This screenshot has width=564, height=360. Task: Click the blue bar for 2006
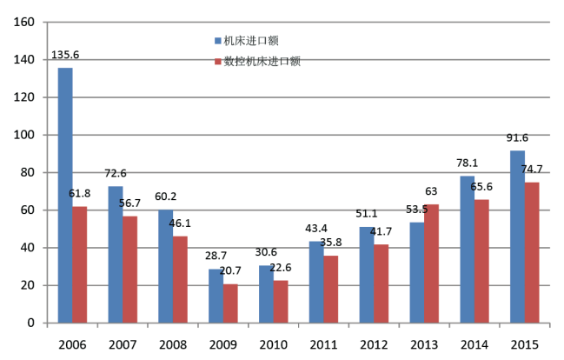65,195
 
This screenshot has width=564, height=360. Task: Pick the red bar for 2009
230,303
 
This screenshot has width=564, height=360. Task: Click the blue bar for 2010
266,294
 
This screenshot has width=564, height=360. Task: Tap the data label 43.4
316,228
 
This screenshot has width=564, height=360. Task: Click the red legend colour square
217,62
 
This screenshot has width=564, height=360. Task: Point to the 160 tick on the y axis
24,23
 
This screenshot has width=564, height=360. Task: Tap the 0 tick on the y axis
31,323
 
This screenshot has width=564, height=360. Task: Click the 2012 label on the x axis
374,344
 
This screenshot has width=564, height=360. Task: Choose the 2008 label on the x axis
173,344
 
